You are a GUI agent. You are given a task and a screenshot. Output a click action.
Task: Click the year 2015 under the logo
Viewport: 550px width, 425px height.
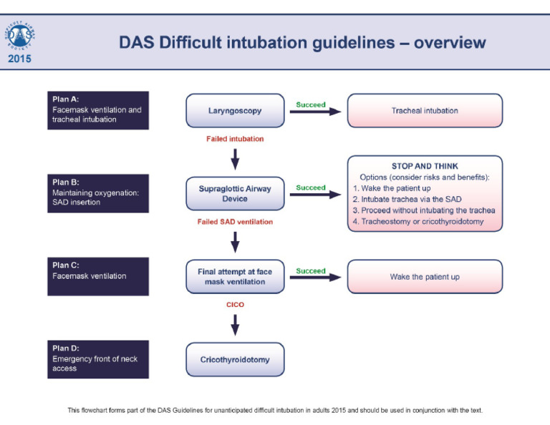[20, 59]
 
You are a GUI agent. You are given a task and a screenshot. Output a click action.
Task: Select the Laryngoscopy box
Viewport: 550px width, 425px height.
[234, 111]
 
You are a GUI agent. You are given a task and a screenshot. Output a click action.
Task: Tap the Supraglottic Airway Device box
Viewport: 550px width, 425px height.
[234, 193]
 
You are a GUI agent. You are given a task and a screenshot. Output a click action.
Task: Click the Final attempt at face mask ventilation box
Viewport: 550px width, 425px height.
[234, 276]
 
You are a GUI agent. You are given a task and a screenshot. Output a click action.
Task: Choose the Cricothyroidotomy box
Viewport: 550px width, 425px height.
[234, 359]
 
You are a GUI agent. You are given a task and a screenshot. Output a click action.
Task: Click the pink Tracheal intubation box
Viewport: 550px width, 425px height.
[425, 111]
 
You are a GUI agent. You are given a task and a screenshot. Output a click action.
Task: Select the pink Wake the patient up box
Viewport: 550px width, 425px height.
[425, 276]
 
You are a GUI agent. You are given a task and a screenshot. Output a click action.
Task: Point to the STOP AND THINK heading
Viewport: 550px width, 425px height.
[425, 166]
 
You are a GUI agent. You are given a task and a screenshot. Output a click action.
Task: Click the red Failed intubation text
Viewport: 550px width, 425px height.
[235, 139]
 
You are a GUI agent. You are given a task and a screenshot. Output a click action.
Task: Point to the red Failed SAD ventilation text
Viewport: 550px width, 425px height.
[235, 222]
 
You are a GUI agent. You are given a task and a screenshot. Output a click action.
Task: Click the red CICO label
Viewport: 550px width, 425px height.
[235, 304]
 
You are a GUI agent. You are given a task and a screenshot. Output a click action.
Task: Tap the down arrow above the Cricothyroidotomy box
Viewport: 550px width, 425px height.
[235, 326]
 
